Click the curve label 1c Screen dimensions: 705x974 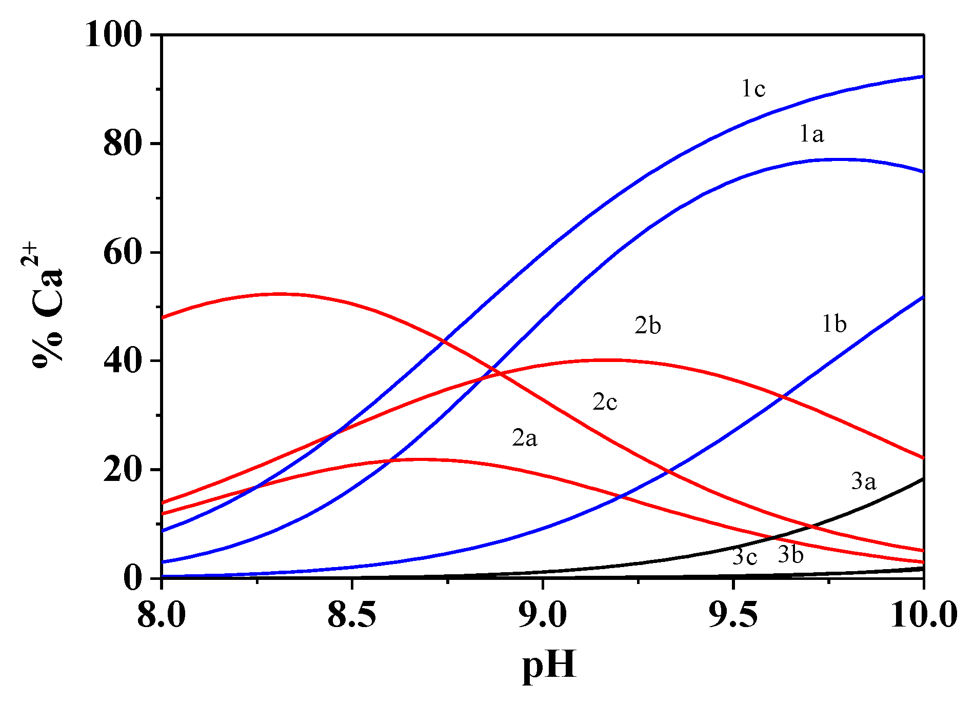click(753, 89)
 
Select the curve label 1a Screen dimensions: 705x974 click(811, 134)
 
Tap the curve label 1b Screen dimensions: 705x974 click(834, 325)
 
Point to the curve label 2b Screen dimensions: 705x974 click(647, 326)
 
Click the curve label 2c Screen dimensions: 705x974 click(605, 402)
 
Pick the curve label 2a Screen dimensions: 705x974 click(524, 438)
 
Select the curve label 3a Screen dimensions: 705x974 click(864, 482)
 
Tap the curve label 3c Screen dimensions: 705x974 click(744, 557)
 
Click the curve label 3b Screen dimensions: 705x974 click(790, 555)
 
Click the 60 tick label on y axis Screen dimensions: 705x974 click(123, 252)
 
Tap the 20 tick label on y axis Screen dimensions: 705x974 click(123, 470)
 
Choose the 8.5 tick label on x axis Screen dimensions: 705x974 click(352, 614)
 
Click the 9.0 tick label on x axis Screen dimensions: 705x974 click(543, 614)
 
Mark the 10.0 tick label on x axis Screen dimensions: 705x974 click(923, 614)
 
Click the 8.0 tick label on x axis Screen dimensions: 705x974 click(162, 614)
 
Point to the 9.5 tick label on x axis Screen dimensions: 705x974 click(733, 614)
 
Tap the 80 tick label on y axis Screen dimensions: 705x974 click(123, 144)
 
